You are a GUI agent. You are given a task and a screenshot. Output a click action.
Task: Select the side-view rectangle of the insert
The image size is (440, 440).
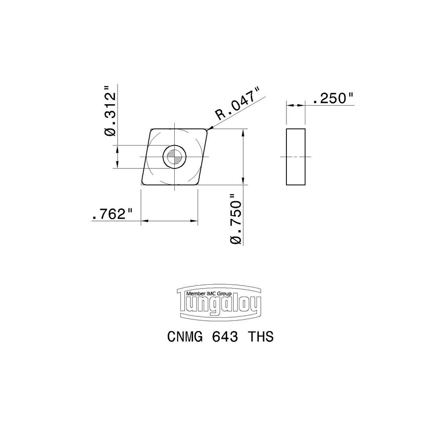click(x=295, y=157)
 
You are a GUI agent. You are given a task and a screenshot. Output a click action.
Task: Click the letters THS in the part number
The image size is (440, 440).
click(x=261, y=337)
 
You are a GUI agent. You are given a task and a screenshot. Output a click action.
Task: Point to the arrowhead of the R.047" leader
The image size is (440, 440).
click(x=209, y=129)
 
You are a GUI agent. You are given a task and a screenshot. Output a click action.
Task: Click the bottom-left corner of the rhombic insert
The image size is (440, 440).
click(x=142, y=184)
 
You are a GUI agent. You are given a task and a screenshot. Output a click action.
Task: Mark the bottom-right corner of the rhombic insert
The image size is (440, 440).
click(x=196, y=184)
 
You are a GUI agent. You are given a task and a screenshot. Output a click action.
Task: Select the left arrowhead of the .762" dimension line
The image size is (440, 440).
click(x=143, y=221)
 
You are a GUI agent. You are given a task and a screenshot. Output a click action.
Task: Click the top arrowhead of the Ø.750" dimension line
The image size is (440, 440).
click(x=243, y=132)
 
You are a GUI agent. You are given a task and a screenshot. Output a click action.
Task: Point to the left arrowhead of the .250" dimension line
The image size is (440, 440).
click(x=289, y=105)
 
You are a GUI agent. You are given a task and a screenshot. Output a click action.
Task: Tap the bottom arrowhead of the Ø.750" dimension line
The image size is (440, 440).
click(x=243, y=182)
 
